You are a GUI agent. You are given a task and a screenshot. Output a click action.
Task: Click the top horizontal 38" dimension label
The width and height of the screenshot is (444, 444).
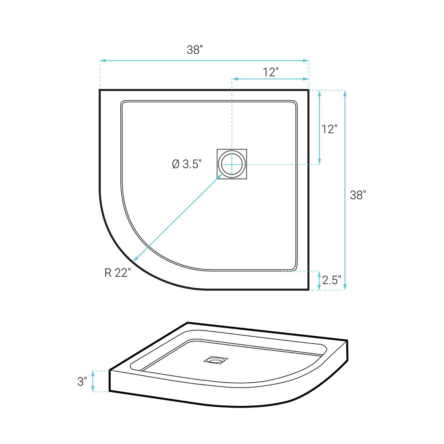[x=195, y=50]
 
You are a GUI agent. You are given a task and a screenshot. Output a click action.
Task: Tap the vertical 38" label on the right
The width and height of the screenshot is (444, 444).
[x=358, y=195]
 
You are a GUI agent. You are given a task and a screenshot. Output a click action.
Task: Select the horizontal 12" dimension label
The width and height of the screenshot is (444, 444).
[x=271, y=72]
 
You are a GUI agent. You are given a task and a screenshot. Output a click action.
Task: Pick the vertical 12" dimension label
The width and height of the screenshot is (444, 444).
[x=329, y=129]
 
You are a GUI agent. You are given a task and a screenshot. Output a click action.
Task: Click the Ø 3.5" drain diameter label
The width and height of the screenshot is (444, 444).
[x=187, y=164]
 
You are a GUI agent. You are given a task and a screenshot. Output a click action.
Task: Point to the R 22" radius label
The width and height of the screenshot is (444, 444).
[x=118, y=273]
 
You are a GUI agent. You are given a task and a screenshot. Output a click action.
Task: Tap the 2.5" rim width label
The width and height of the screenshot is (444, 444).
[x=332, y=280]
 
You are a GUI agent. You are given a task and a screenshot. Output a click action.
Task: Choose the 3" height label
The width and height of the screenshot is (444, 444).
[x=82, y=381]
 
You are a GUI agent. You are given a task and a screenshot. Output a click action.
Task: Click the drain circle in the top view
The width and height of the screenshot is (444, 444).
[x=232, y=164]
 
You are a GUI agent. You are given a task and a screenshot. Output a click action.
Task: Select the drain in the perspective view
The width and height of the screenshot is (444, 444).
[x=216, y=360]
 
